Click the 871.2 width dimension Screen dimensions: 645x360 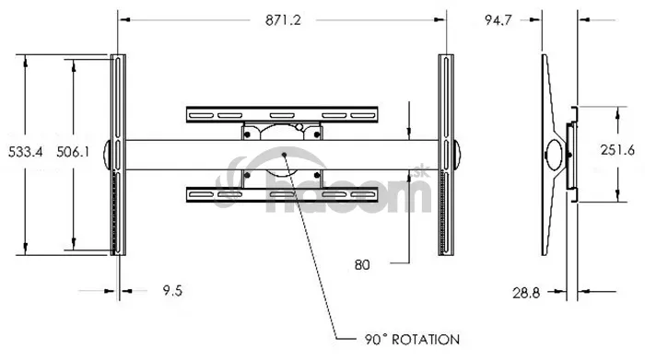pyautogui.click(x=283, y=20)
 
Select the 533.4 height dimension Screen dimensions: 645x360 pyautogui.click(x=26, y=152)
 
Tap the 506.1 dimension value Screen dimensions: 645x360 pyautogui.click(x=73, y=152)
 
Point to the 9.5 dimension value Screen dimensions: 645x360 pyautogui.click(x=172, y=291)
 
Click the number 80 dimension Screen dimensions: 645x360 pyautogui.click(x=362, y=265)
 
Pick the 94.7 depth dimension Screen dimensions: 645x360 pyautogui.click(x=498, y=20)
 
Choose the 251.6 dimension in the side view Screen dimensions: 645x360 pyautogui.click(x=617, y=150)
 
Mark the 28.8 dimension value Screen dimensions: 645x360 pyautogui.click(x=526, y=293)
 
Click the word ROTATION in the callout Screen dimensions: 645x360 pyautogui.click(x=426, y=340)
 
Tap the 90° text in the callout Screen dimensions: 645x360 pyautogui.click(x=376, y=340)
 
